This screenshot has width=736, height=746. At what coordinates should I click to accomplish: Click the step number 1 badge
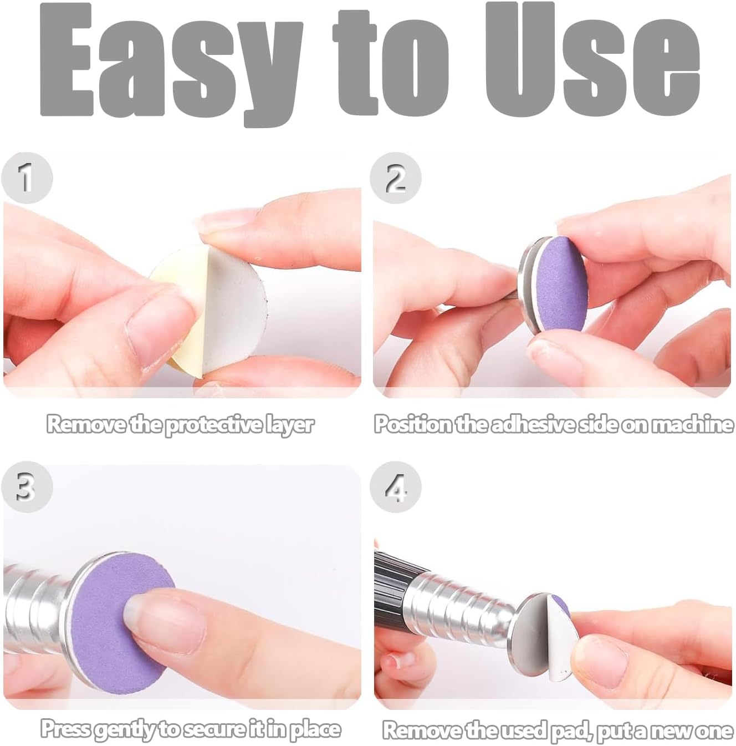[27, 178]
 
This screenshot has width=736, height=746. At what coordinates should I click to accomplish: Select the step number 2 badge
[395, 178]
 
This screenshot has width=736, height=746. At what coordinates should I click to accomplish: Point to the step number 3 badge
[27, 486]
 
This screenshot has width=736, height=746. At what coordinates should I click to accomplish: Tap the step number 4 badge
[395, 486]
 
